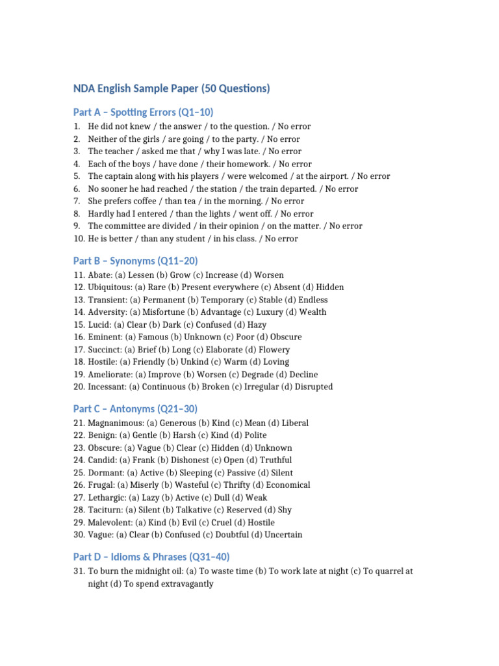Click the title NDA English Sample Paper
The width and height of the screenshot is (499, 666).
[172, 88]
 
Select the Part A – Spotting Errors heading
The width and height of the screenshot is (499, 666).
[143, 112]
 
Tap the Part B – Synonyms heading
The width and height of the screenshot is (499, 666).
[135, 261]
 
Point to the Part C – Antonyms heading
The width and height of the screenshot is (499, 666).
[135, 409]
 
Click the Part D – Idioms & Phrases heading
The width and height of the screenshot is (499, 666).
[151, 557]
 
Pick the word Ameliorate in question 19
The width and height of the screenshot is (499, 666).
[109, 374]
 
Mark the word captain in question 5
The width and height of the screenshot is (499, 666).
[121, 176]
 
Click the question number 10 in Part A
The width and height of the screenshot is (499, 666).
[77, 239]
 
